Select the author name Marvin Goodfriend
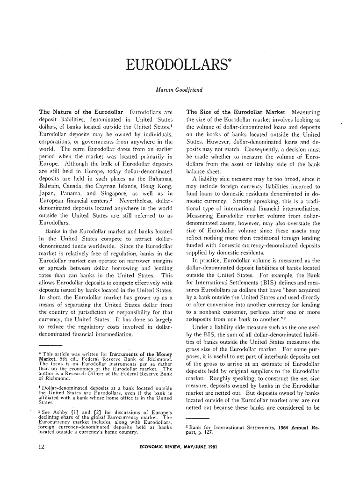tap(180, 89)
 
